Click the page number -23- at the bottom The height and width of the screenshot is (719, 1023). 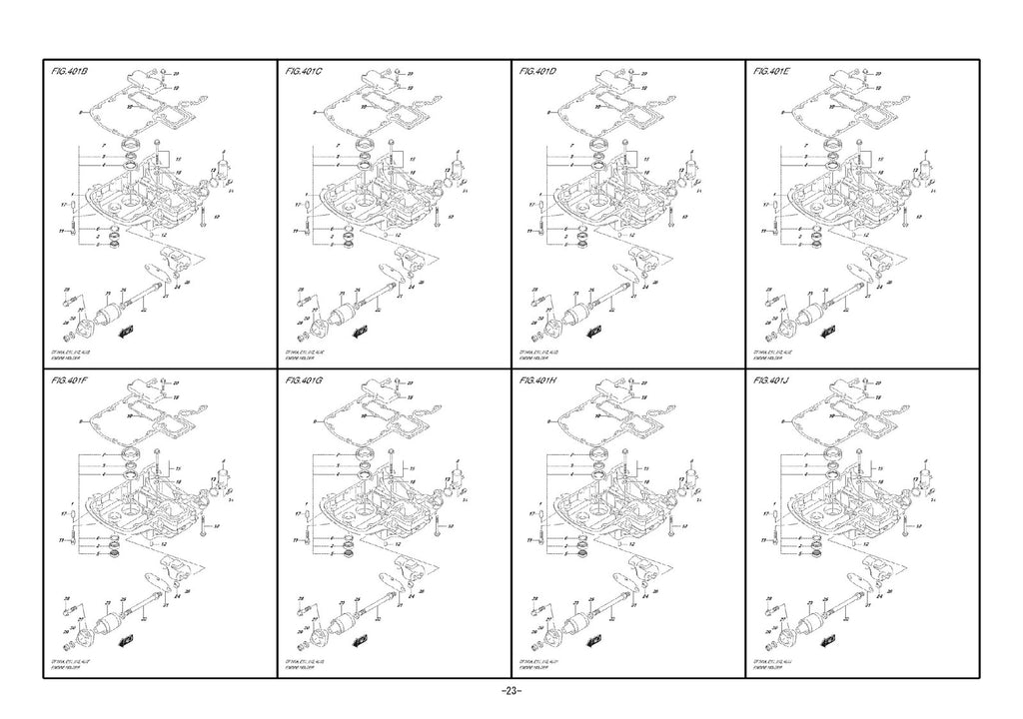click(x=511, y=692)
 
